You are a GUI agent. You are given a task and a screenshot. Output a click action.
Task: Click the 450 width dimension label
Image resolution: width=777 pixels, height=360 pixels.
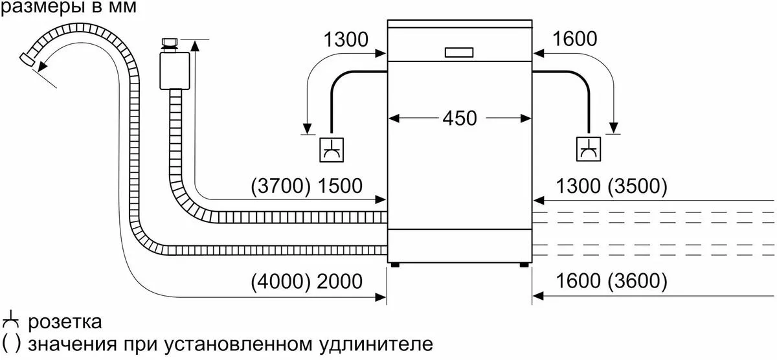[x=460, y=118]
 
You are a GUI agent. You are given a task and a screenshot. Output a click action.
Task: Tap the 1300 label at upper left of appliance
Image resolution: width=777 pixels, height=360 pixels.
[x=346, y=39]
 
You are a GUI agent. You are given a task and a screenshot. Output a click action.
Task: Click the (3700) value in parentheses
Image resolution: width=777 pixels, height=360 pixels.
[x=280, y=186]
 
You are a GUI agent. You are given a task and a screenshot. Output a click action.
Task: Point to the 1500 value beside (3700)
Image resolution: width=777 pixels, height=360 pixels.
[x=340, y=186]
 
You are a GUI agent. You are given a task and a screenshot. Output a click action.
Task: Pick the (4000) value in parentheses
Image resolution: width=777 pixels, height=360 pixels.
[x=280, y=281]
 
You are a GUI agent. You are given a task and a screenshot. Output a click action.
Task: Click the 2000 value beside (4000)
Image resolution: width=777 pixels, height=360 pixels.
[x=340, y=281]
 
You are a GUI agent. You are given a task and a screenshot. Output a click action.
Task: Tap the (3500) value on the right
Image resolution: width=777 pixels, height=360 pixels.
[x=638, y=186]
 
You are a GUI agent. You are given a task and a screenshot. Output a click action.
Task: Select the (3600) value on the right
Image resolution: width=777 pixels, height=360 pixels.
[x=638, y=280]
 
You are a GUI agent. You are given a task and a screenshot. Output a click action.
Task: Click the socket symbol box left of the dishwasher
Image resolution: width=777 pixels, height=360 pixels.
[x=332, y=150]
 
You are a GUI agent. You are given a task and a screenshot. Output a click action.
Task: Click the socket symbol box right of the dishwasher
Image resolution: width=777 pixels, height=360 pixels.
[x=589, y=149]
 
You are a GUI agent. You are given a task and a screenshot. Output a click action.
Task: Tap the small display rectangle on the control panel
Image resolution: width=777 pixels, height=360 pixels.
[x=459, y=52]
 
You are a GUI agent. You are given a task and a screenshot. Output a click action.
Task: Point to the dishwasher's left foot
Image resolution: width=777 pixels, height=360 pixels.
[x=395, y=265]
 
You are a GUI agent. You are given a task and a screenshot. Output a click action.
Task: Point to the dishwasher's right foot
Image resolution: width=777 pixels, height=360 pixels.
[x=524, y=265]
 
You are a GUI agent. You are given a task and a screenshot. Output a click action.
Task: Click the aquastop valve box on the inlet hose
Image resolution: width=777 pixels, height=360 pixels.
[x=174, y=71]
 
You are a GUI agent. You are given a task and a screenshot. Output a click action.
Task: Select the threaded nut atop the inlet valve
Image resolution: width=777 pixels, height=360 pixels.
[x=170, y=43]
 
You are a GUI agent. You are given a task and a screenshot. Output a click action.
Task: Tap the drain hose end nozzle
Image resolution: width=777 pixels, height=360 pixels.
[x=28, y=60]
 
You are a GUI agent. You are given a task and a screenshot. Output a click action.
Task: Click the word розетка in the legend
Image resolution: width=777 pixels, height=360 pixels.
[x=65, y=322]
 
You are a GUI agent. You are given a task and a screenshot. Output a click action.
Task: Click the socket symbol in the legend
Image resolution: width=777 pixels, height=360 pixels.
[x=10, y=320]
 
